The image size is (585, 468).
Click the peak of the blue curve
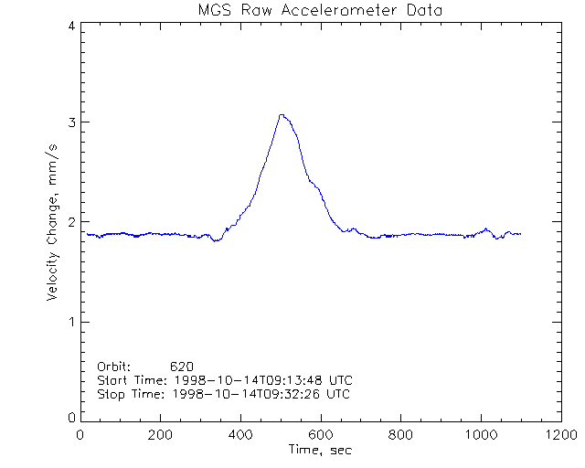tap(282, 115)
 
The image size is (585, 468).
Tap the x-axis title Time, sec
tap(320, 450)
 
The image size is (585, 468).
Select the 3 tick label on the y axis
tap(70, 122)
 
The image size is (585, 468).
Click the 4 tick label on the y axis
tap(70, 27)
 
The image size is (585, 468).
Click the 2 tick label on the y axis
tap(70, 222)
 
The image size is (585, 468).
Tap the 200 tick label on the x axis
tap(161, 435)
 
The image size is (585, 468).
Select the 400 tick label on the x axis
tap(240, 435)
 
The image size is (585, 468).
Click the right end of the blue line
tap(520, 234)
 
